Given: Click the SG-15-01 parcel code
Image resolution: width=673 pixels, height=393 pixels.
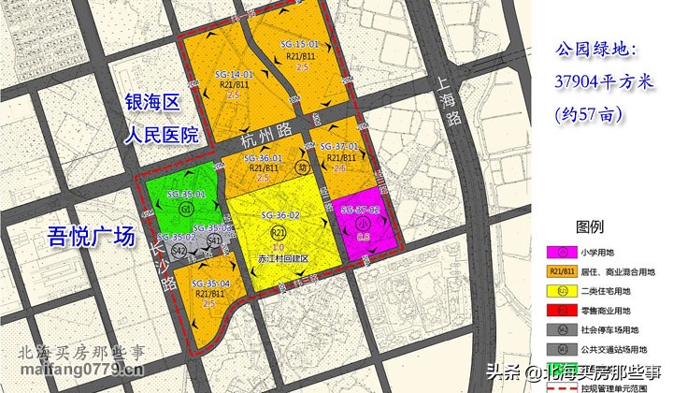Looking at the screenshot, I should coord(300,45).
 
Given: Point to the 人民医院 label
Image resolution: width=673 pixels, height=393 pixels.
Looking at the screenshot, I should coord(163,135).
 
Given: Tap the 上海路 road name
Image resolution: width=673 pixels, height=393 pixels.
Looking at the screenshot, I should coord(451,104).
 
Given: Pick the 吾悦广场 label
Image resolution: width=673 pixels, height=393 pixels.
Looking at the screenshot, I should coord(92,237).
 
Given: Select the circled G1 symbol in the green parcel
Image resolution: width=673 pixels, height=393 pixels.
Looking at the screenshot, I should coord(187,208).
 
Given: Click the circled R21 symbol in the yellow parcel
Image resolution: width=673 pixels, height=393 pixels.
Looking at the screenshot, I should coord(278,231).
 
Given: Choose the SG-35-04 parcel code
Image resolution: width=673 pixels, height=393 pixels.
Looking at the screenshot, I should coord(210,283).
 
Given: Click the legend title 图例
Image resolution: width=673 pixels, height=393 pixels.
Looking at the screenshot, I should coord(591,227).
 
